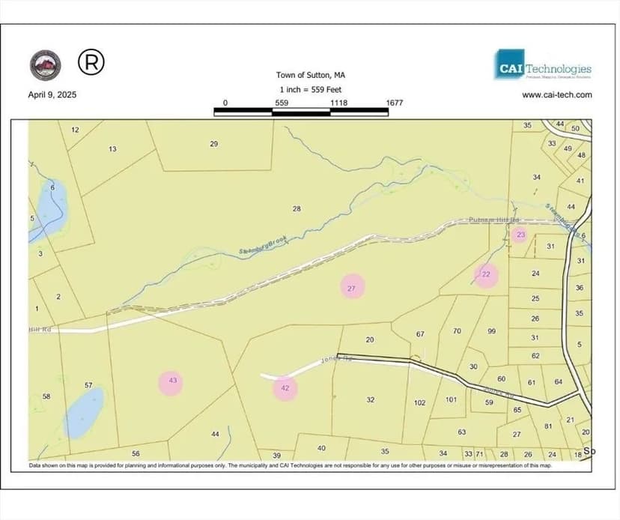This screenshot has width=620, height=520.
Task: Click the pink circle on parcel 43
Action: (172, 382)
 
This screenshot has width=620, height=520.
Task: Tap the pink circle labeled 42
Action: (285, 388)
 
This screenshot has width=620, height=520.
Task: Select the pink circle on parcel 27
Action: (352, 287)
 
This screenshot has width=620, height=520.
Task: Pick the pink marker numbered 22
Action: (485, 274)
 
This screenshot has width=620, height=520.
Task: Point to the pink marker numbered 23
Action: (520, 235)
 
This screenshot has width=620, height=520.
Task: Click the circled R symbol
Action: (91, 63)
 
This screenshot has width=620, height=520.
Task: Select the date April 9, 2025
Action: (52, 95)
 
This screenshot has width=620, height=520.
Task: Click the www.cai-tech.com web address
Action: (556, 94)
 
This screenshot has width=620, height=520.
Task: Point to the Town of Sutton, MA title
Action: (311, 75)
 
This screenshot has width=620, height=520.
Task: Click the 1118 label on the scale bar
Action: (338, 103)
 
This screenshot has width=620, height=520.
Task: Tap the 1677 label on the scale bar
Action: (395, 103)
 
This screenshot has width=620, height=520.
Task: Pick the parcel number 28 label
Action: (297, 208)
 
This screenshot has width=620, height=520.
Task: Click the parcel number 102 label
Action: (420, 402)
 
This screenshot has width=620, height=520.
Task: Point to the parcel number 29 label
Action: (213, 144)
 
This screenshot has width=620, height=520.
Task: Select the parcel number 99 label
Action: (492, 331)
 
